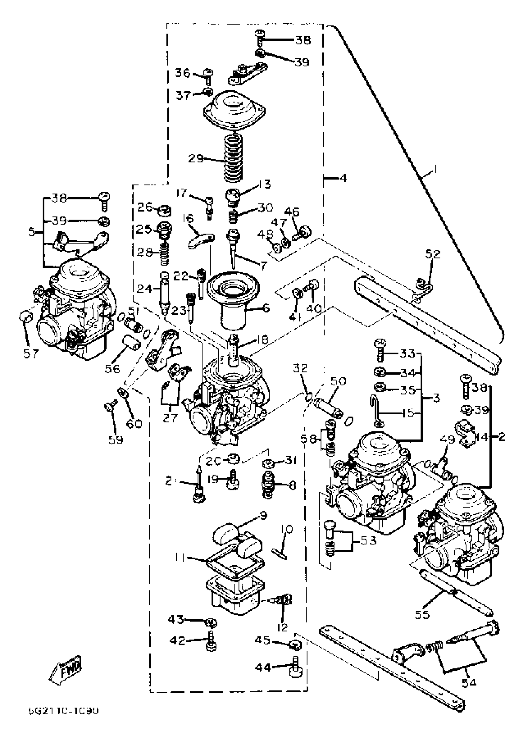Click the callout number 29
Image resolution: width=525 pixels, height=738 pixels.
point(196,159)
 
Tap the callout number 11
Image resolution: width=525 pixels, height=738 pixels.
point(180,557)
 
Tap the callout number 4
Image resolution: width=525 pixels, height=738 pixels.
point(343,178)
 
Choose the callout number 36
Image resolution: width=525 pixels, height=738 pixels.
point(183,73)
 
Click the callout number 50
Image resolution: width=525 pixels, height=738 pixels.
point(338,381)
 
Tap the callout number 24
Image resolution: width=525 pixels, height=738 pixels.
point(144,288)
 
